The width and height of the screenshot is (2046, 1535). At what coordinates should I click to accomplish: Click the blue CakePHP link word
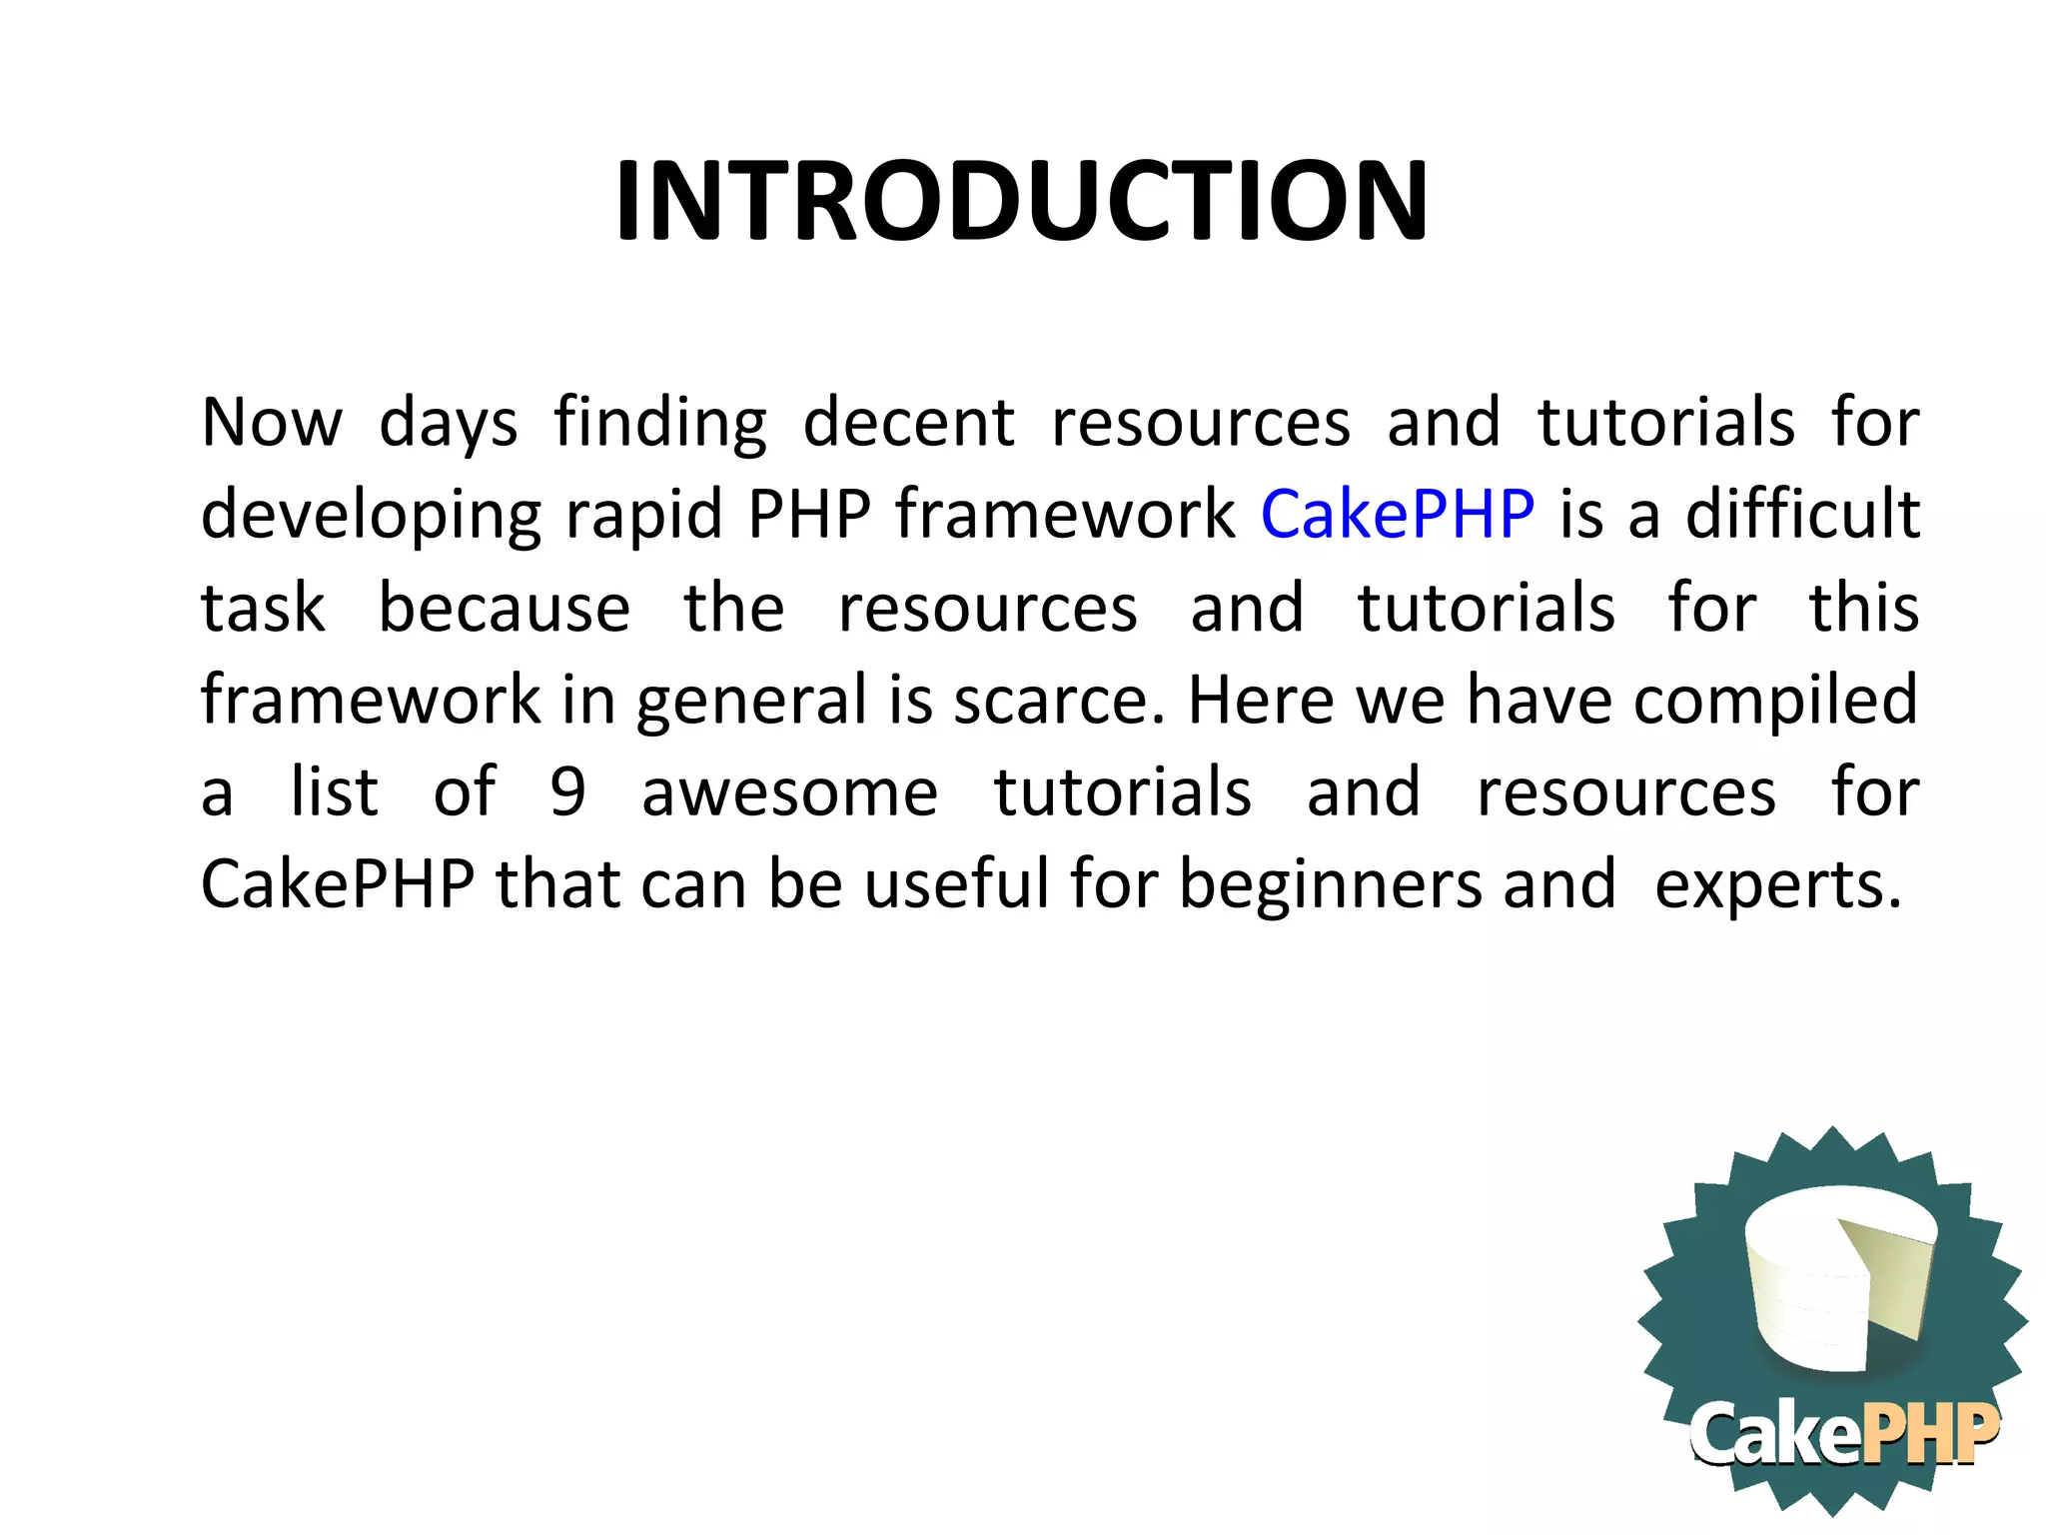[x=1397, y=515]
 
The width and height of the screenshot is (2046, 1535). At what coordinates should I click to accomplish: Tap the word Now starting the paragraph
[x=272, y=422]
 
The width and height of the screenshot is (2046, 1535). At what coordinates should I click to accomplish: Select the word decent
[x=908, y=422]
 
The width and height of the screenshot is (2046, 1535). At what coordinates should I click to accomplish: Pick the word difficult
[x=1802, y=515]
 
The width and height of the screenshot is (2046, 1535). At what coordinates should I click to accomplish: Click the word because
[x=504, y=608]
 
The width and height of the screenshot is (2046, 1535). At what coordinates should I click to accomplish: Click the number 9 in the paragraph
[x=567, y=791]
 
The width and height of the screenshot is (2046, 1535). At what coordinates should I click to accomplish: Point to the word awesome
[x=789, y=792]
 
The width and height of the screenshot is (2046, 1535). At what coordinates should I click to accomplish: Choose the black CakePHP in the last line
[x=338, y=884]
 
